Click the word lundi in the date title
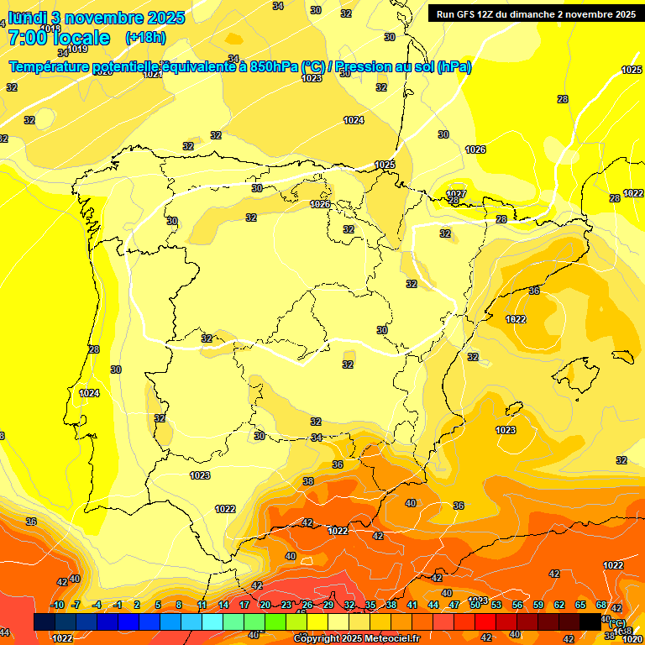[27, 17]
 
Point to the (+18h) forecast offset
[145, 38]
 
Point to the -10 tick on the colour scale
[56, 605]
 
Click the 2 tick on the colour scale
[137, 605]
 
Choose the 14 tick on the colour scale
[223, 605]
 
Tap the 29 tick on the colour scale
[328, 605]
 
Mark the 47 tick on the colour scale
[454, 605]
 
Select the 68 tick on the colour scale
[601, 605]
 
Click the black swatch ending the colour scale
[590, 621]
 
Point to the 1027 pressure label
[456, 193]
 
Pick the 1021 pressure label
[152, 74]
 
